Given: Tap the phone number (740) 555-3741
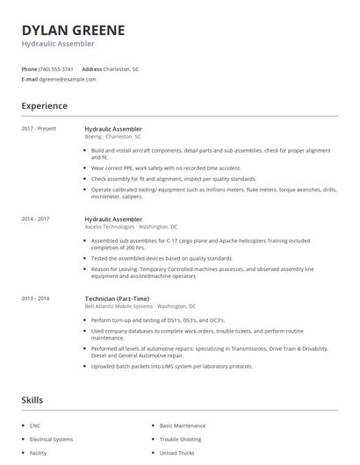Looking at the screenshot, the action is [56, 68].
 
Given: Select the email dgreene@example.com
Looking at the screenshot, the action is [68, 79].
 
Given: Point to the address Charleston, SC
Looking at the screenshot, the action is [122, 68].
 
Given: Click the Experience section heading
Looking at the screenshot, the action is [44, 106].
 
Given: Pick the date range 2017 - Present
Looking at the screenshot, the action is [39, 129].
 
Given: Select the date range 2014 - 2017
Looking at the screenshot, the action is [35, 218].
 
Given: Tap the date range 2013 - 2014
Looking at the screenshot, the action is [35, 298].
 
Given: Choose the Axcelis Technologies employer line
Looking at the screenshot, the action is [131, 226].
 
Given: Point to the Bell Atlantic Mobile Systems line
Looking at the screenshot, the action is [140, 306].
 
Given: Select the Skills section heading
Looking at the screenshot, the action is [32, 400].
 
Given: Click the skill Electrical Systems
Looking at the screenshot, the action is [52, 439].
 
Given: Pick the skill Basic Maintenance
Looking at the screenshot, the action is [183, 426].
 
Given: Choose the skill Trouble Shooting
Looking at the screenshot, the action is [180, 439].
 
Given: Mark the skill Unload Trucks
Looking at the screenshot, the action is [177, 453].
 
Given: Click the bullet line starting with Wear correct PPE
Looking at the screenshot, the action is [166, 168].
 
